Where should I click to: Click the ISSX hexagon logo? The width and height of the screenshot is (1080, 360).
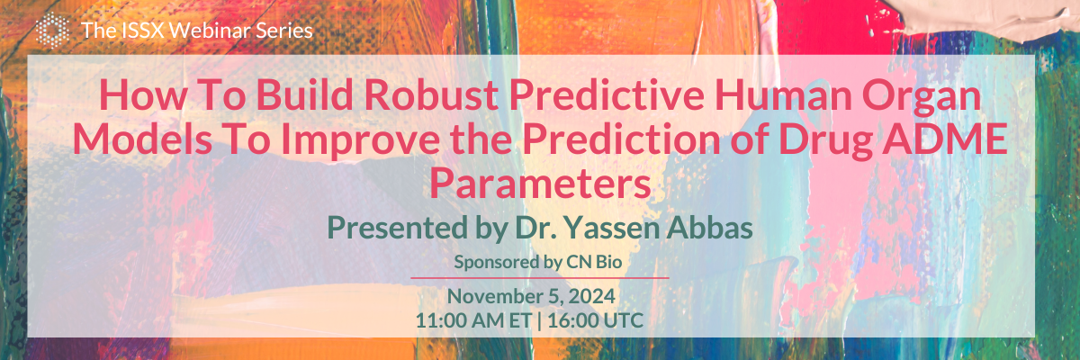(x=52, y=30)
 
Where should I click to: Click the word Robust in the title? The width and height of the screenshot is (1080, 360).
(x=431, y=94)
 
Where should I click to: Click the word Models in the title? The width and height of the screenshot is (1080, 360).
(x=142, y=138)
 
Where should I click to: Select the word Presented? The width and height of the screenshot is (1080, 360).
(x=397, y=228)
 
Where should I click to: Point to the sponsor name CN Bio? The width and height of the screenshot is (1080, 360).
(x=594, y=262)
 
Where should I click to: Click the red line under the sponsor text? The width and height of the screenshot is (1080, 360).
(x=540, y=278)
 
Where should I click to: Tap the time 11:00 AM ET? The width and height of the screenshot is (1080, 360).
(x=473, y=320)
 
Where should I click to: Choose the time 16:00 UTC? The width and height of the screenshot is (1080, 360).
(x=595, y=320)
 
